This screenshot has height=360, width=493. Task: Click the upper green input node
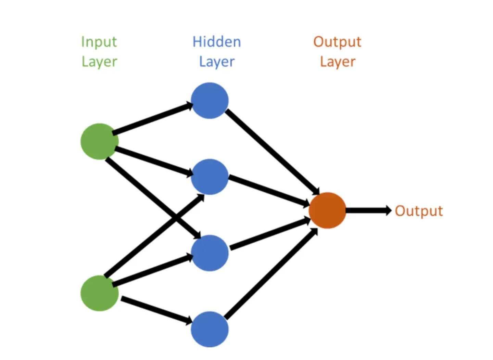point(100,141)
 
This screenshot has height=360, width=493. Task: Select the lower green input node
point(100,293)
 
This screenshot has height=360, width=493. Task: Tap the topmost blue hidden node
point(210,101)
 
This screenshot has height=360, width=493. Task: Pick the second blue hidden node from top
point(210,177)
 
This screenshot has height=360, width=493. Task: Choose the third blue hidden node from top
point(210,253)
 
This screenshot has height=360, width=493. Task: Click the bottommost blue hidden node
point(210,330)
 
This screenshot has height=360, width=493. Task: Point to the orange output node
point(327,210)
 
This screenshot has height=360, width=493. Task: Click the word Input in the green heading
point(99,42)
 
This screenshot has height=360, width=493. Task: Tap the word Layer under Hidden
point(217,62)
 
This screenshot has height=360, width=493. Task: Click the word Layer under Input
point(99,62)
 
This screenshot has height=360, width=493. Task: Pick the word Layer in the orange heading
point(338,62)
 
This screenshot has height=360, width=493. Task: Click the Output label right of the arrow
point(419,211)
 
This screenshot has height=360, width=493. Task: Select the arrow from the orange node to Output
point(369,210)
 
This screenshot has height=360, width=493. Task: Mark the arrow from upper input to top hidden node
point(153,118)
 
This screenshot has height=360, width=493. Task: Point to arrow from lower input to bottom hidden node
point(157,311)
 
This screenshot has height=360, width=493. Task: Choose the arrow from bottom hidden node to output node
point(271,273)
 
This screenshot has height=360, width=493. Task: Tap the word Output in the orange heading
point(337,42)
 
